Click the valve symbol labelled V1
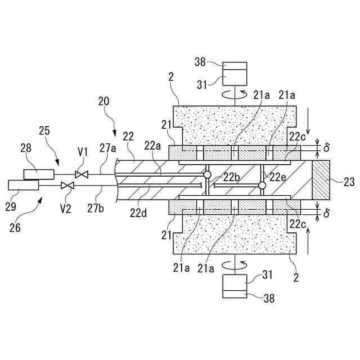pos(82,174)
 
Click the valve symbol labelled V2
pos(67,185)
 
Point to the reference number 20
pos(104,102)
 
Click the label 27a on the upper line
pos(108,148)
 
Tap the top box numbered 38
pos(234,66)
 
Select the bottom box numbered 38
pos(234,293)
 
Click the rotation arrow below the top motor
pos(234,93)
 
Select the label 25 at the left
pos(45,130)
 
